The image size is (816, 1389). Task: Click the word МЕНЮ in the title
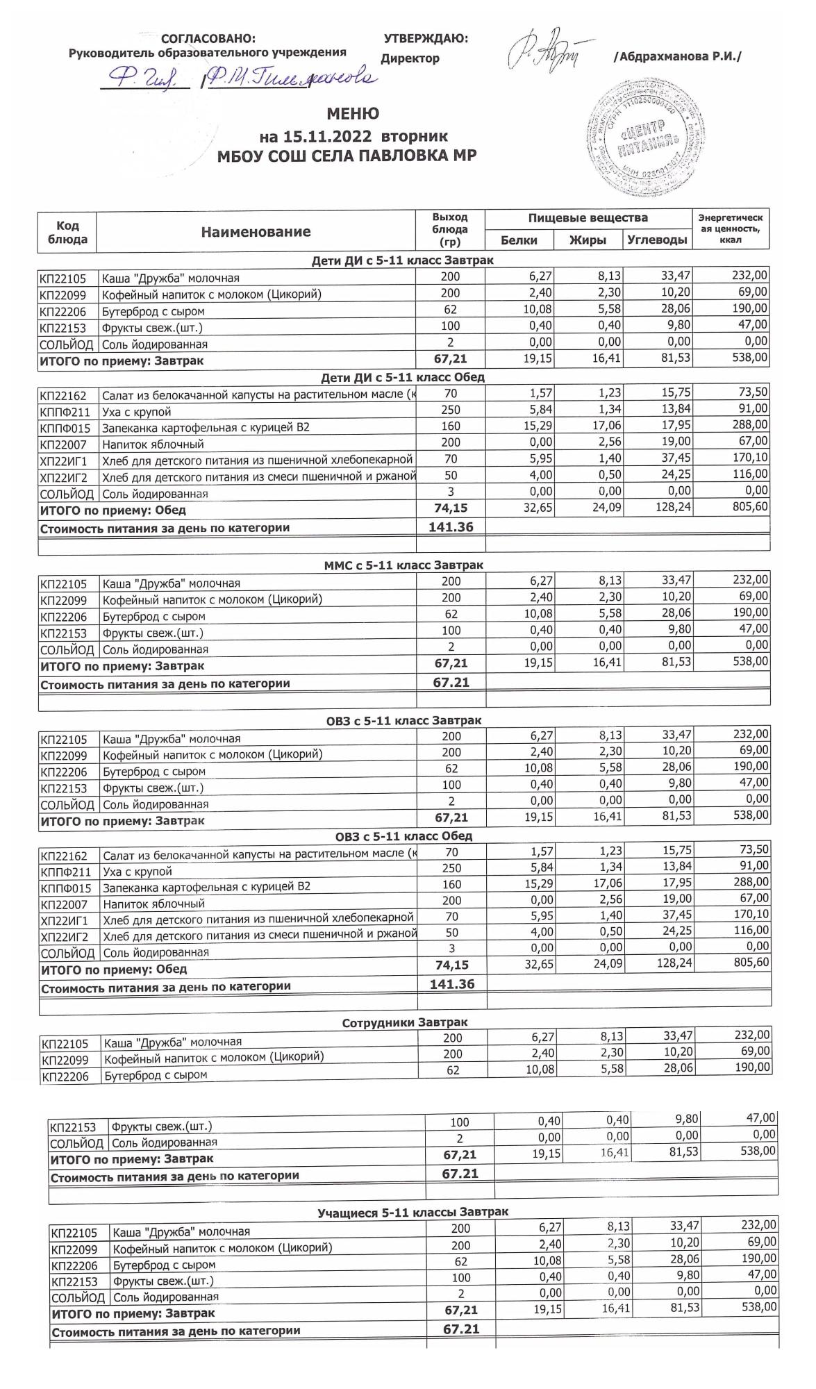click(x=353, y=114)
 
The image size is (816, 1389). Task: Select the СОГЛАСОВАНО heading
click(x=208, y=39)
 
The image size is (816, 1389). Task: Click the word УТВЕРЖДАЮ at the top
click(x=425, y=39)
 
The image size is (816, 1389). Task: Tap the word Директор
click(x=410, y=58)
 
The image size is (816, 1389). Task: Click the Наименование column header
click(x=256, y=232)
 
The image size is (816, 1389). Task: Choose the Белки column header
click(x=519, y=240)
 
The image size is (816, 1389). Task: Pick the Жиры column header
click(x=588, y=240)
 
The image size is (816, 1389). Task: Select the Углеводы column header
click(x=657, y=240)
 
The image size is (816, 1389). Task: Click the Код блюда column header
click(x=67, y=232)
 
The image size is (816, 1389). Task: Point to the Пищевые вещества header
click(x=588, y=218)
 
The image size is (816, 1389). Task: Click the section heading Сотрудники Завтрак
click(x=404, y=1022)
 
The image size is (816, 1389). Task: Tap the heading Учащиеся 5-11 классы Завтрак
click(x=413, y=1212)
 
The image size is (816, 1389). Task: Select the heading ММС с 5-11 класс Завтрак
click(x=403, y=565)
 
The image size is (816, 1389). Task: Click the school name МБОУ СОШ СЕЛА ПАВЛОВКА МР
click(x=347, y=156)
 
